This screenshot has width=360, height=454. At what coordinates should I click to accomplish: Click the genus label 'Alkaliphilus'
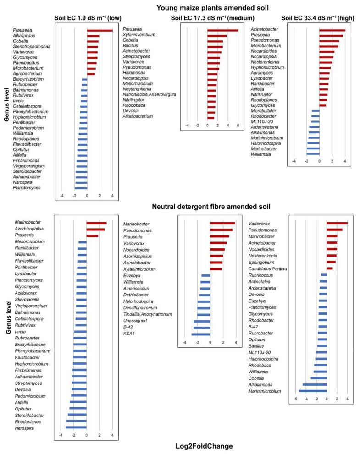point(24,36)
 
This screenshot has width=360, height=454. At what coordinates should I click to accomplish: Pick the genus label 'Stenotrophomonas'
point(31,47)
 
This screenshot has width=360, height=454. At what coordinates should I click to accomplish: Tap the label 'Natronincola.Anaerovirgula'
point(150,94)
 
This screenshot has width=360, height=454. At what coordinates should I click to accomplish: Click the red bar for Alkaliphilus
point(93,36)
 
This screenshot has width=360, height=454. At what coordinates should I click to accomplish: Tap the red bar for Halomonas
point(212,74)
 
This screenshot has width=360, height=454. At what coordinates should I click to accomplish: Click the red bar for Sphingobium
point(331,262)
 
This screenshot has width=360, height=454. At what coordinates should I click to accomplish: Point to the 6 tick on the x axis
point(238,125)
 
